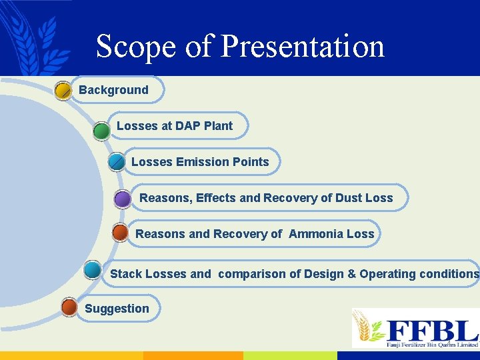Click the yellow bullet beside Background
tap(63, 91)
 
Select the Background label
tap(113, 90)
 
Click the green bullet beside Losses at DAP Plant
tap(101, 130)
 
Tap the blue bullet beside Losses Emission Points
tap(116, 162)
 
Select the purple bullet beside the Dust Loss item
tap(122, 199)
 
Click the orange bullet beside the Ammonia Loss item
tap(120, 233)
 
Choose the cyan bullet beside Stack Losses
tap(93, 270)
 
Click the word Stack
tap(126, 274)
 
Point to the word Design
tap(324, 274)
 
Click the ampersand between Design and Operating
tap(351, 274)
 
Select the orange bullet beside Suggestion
tap(69, 307)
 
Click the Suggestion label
tap(117, 309)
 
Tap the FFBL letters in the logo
tap(433, 330)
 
